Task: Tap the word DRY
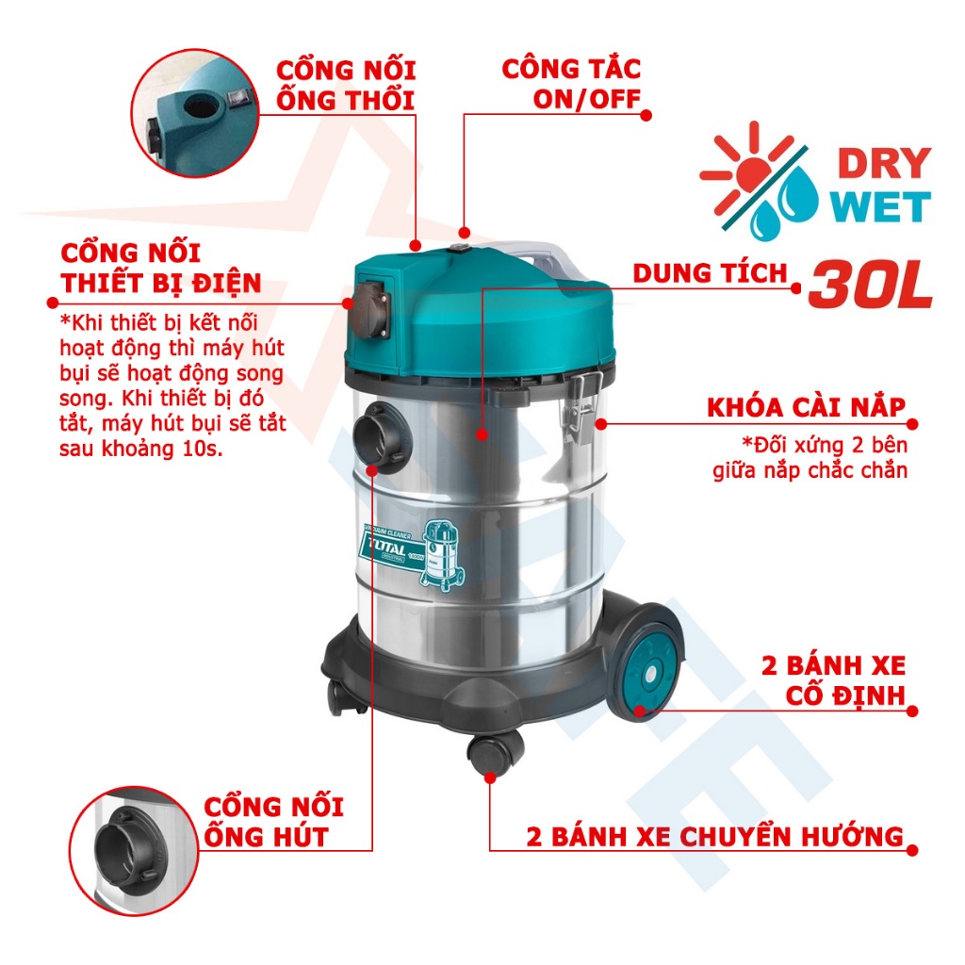(x=884, y=164)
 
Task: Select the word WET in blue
(x=882, y=207)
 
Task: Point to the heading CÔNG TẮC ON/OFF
(x=571, y=83)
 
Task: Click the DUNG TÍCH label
(x=710, y=274)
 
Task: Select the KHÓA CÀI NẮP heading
(x=807, y=408)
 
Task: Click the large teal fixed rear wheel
(x=644, y=662)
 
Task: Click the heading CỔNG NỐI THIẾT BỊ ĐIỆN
(x=160, y=269)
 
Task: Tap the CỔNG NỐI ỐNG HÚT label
(x=274, y=821)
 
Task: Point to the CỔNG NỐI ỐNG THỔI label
(x=345, y=85)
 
